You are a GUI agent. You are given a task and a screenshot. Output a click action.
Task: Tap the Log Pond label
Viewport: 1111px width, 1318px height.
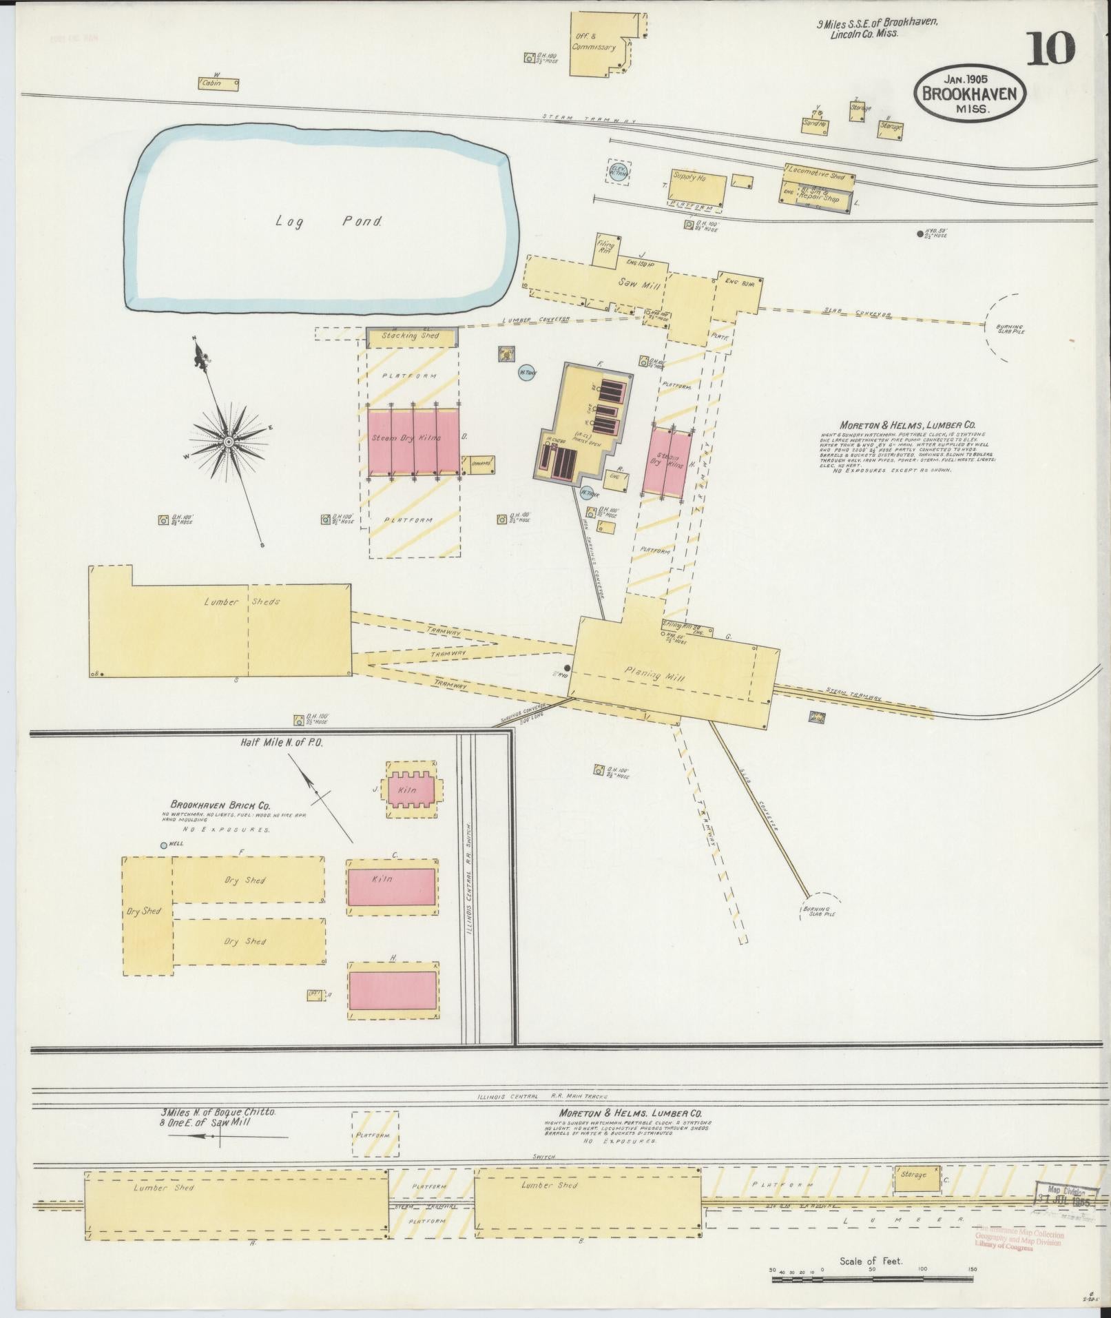[329, 221]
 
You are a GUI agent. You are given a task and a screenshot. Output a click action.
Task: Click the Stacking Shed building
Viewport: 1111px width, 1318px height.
[411, 336]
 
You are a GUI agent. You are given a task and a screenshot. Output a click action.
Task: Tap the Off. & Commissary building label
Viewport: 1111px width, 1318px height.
[592, 43]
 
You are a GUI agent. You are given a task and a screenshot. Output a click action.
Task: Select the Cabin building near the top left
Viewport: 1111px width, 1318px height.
[219, 83]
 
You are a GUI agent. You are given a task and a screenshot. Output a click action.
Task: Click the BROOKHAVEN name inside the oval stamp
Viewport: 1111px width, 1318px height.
[970, 93]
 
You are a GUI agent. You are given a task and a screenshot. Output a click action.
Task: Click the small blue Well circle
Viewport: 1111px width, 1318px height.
[164, 845]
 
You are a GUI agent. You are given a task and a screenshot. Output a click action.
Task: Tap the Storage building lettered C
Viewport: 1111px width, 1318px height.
[916, 1174]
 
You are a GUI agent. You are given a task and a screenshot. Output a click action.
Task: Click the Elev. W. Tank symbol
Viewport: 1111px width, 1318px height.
[617, 172]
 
